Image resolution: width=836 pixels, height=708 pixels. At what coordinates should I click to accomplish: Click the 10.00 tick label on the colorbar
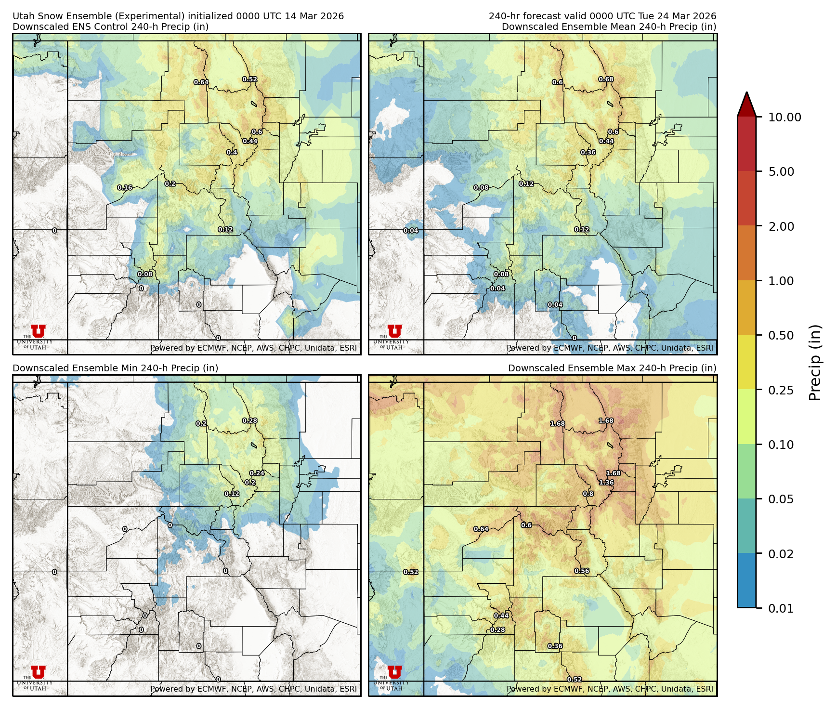(x=784, y=117)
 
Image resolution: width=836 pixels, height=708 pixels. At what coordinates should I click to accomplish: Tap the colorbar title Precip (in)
(x=815, y=363)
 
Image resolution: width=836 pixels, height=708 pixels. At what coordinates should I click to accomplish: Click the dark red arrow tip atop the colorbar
(x=746, y=102)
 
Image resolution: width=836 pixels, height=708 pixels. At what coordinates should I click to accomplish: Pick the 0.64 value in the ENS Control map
(x=201, y=82)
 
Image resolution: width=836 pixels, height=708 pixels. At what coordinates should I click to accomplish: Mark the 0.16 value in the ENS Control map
(x=125, y=188)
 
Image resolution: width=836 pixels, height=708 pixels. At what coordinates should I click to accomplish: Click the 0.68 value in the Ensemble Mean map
(x=606, y=79)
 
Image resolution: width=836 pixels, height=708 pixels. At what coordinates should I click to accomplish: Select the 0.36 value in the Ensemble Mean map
(x=588, y=153)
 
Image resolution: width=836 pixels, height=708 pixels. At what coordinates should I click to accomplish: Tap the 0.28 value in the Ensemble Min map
(x=249, y=421)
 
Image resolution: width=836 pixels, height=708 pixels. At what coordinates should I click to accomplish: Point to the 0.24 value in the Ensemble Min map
(x=257, y=473)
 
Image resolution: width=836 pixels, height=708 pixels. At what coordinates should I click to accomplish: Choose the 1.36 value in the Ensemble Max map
(x=606, y=483)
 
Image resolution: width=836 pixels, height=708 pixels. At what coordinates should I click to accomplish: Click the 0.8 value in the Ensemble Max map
(x=588, y=494)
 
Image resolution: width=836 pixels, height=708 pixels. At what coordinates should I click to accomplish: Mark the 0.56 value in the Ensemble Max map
(x=582, y=571)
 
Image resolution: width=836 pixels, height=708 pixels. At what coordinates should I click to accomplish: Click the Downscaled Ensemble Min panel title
(x=116, y=368)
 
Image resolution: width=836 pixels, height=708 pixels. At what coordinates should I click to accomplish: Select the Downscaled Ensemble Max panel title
(x=612, y=368)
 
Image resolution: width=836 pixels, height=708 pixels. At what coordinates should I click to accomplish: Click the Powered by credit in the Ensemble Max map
(x=610, y=689)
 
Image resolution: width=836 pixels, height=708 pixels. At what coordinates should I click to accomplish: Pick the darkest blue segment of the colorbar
(x=746, y=580)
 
